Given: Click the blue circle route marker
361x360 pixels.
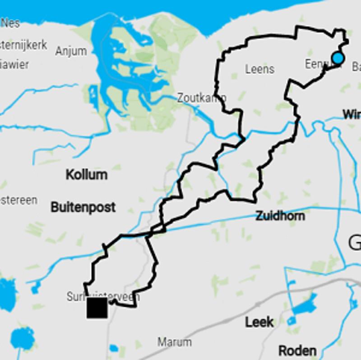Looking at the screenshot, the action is (x=338, y=58).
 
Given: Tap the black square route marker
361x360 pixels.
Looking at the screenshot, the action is (x=97, y=308).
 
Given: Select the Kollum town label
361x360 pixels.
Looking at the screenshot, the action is (x=87, y=175).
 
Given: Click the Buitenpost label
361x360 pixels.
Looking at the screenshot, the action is (x=83, y=207).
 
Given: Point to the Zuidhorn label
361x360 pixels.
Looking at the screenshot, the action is (x=280, y=216).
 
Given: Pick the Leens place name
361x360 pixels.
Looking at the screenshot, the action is (x=259, y=69).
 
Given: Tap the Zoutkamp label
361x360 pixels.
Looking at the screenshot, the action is (x=202, y=98).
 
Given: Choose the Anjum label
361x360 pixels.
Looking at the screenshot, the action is (x=71, y=51).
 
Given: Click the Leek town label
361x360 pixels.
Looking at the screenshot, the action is (x=259, y=322).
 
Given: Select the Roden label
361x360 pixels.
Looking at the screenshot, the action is (x=297, y=351).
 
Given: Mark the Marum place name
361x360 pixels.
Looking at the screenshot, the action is (x=174, y=342).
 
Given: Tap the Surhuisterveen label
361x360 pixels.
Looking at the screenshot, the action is (x=103, y=297).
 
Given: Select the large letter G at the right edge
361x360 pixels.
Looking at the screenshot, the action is (x=355, y=243).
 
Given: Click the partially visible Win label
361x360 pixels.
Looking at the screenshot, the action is (x=352, y=115).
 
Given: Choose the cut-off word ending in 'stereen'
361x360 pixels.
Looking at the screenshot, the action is (x=19, y=200).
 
